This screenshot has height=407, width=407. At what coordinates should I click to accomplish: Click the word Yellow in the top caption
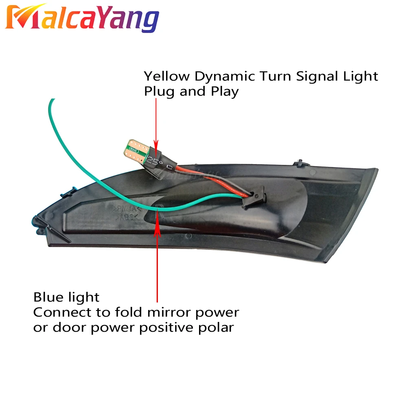tap(167, 77)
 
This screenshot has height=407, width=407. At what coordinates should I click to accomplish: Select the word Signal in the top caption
tap(312, 76)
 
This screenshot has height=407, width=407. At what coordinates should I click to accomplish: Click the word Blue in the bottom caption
tap(48, 297)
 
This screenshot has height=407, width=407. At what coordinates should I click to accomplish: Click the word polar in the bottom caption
tap(219, 328)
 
